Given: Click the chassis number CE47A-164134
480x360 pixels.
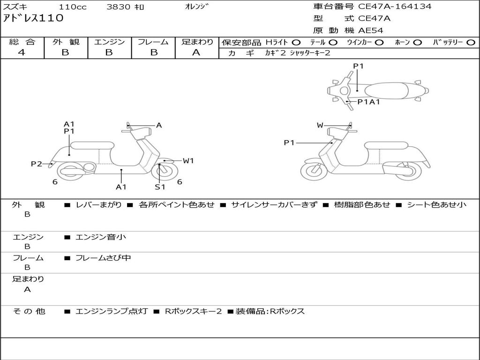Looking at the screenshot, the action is tap(395, 7).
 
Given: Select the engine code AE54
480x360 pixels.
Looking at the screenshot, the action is tap(371, 30).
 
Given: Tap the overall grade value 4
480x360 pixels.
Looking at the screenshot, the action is tap(22, 52).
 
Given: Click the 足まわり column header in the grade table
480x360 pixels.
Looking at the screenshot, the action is tap(197, 42).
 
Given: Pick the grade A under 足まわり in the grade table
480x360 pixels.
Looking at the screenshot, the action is tap(196, 52).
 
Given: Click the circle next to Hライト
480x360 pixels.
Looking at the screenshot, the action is tap(296, 42).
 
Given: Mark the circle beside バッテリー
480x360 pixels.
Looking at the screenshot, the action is tap(471, 42).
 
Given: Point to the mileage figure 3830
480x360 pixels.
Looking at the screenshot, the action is tap(119, 7).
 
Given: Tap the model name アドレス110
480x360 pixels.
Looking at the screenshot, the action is tap(33, 18).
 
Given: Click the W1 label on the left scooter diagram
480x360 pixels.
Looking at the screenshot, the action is tap(188, 161).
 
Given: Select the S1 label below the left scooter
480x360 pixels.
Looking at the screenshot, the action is tap(160, 187).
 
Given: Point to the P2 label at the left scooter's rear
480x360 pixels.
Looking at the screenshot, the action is tap(37, 164).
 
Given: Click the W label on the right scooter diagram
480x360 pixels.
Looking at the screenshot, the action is tap(320, 125).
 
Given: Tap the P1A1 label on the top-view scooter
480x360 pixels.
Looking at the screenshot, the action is tap(368, 101).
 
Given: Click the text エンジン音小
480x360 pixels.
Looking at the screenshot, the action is tap(101, 237).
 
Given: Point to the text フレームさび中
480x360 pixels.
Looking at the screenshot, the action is tap(103, 258).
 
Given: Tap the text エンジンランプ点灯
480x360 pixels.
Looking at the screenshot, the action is tap(112, 311).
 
